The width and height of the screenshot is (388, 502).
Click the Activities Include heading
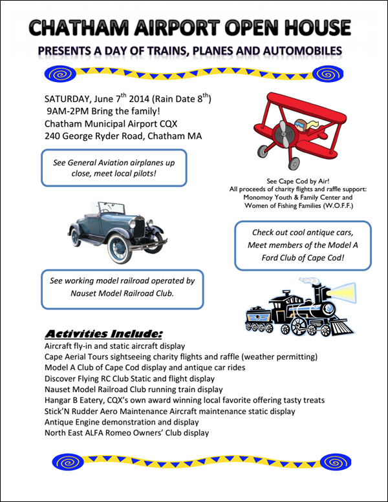103,334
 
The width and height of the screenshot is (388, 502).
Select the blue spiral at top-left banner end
57,74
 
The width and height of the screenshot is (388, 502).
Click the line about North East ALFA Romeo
127,433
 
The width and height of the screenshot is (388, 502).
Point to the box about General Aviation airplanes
114,168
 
